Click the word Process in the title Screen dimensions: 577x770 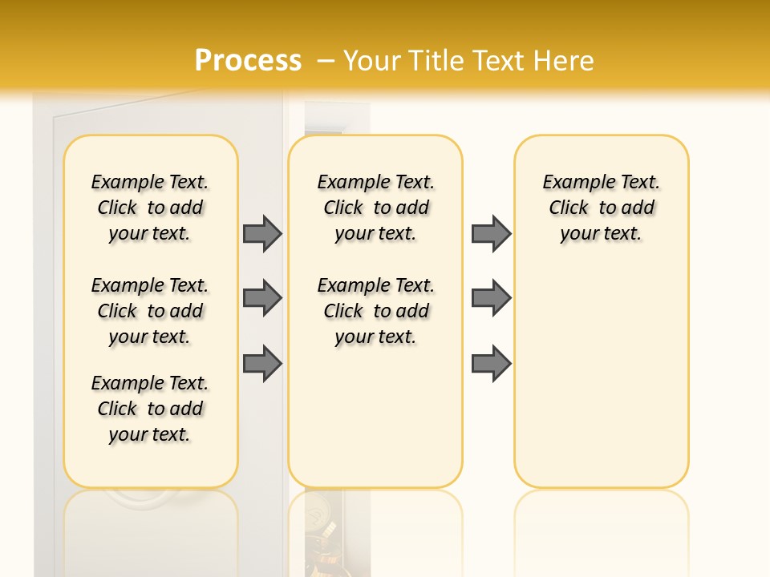click(248, 60)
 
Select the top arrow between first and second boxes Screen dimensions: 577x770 click(262, 233)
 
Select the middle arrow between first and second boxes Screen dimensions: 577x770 click(262, 298)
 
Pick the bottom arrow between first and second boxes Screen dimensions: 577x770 click(262, 363)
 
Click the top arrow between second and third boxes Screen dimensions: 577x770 click(491, 233)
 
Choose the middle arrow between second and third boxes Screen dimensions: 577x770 click(491, 298)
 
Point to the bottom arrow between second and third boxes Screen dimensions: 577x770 click(491, 363)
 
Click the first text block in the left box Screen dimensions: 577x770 click(150, 208)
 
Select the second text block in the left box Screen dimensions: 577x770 click(150, 311)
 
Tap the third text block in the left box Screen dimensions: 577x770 click(150, 409)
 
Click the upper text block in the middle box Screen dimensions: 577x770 click(376, 208)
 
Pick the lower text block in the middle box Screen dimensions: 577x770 click(376, 311)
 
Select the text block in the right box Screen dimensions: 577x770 click(602, 208)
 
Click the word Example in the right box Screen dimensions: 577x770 click(574, 183)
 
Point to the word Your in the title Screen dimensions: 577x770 click(371, 60)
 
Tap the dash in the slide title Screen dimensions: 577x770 click(326, 60)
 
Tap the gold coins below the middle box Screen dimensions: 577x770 click(325, 537)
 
